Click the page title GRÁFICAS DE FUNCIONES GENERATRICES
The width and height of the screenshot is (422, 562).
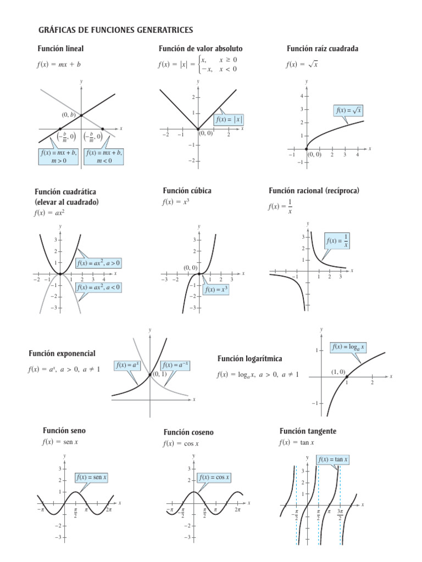pyautogui.click(x=115, y=30)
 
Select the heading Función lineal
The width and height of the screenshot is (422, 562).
pyautogui.click(x=60, y=49)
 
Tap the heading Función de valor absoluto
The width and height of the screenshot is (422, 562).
pyautogui.click(x=201, y=49)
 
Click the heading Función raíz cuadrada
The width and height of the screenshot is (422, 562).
pyautogui.click(x=323, y=49)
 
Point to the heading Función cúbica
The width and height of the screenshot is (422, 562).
pyautogui.click(x=187, y=190)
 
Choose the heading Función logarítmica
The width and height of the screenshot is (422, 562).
pyautogui.click(x=249, y=358)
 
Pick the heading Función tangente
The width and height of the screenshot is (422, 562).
pyautogui.click(x=308, y=431)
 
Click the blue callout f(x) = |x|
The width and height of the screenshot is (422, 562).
pyautogui.click(x=229, y=120)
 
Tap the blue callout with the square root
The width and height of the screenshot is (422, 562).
pyautogui.click(x=349, y=110)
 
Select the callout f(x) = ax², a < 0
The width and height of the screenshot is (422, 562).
pyautogui.click(x=99, y=287)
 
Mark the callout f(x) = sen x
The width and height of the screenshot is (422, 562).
pyautogui.click(x=92, y=478)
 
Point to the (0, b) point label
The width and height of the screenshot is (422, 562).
pyautogui.click(x=68, y=116)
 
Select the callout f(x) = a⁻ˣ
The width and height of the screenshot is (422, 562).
pyautogui.click(x=175, y=365)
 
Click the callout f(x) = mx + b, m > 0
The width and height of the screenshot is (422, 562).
pyautogui.click(x=59, y=156)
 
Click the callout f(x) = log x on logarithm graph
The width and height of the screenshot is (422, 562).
pyautogui.click(x=348, y=347)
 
